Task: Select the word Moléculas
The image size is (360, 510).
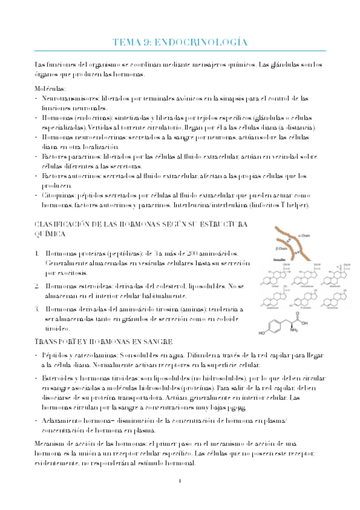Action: (51, 88)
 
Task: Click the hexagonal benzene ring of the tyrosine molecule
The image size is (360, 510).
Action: (275, 325)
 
